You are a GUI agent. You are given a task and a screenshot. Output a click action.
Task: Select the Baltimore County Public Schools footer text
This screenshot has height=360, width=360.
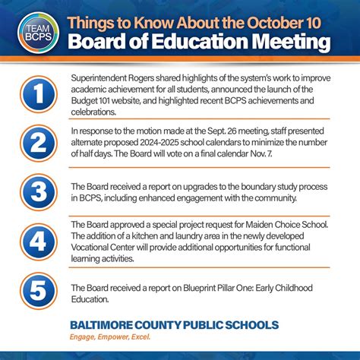coord(174,325)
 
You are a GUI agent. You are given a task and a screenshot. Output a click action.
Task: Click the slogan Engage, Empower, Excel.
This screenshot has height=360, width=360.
coord(110,337)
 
